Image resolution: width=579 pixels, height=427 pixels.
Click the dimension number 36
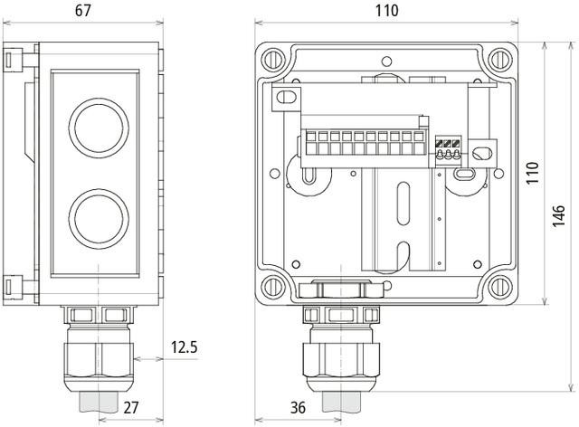click(x=294, y=409)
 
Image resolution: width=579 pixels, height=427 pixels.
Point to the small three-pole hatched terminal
click(x=446, y=148)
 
